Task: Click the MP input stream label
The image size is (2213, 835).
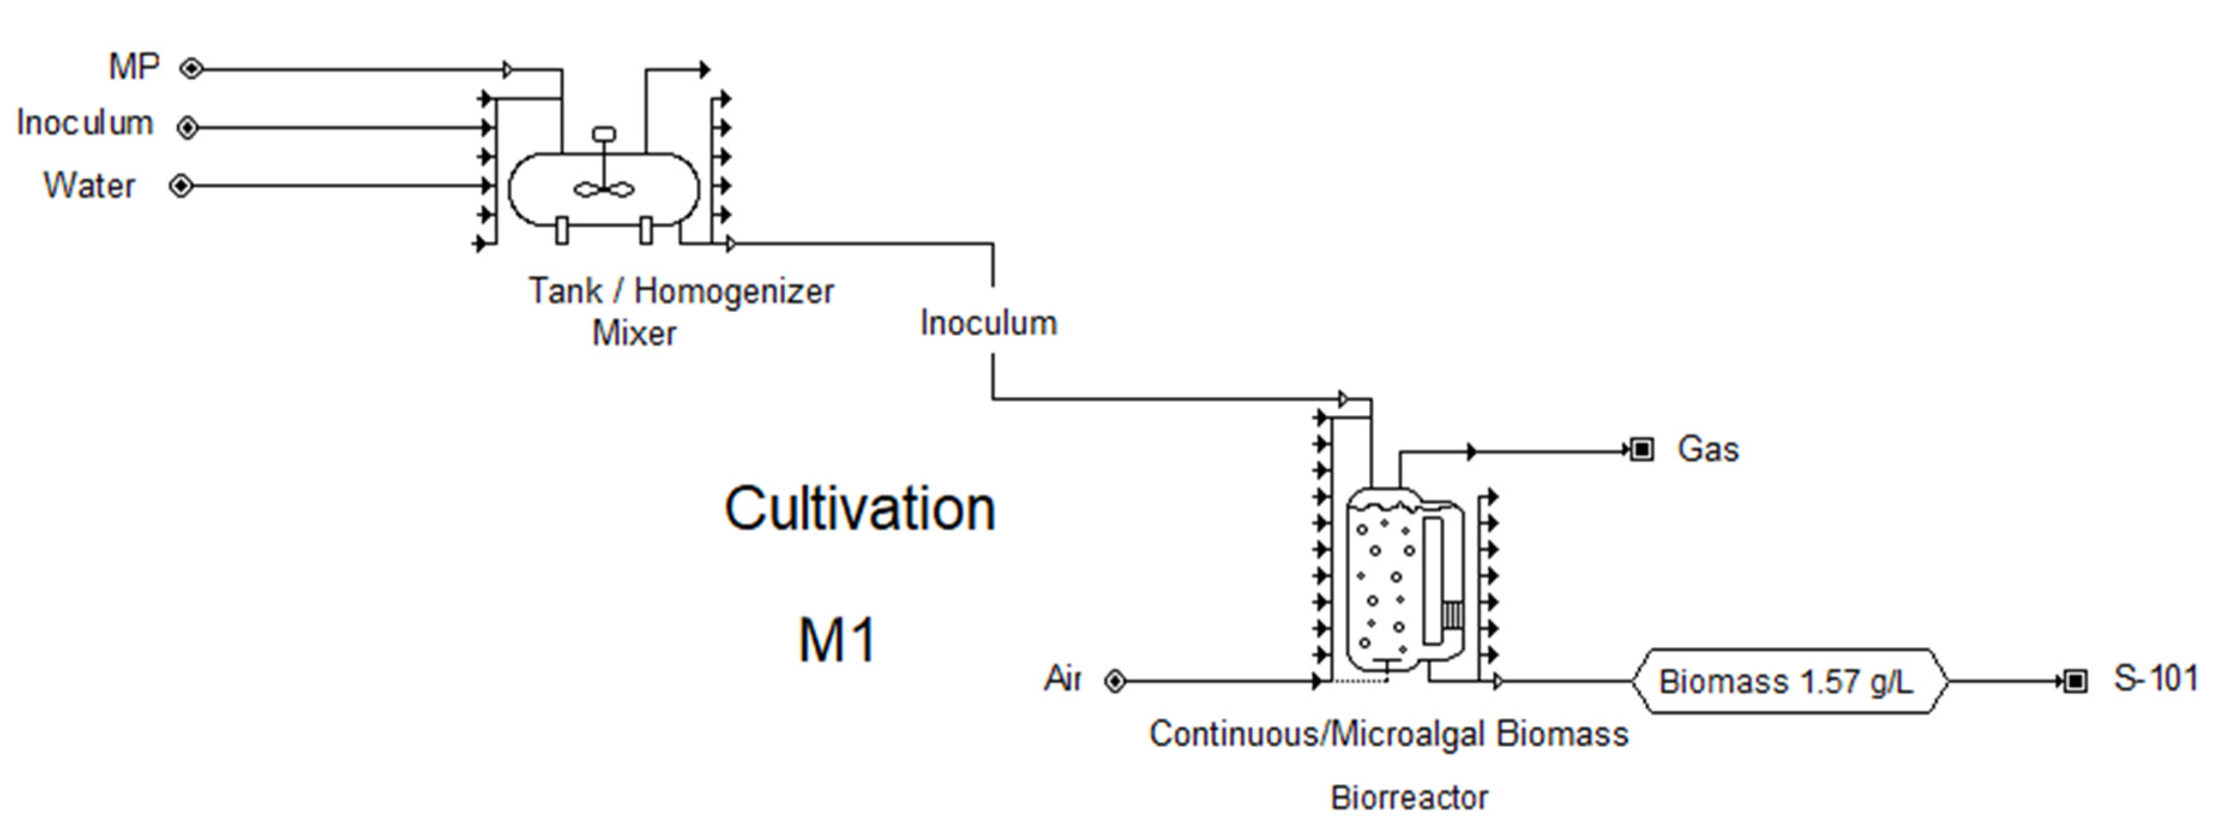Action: (x=134, y=67)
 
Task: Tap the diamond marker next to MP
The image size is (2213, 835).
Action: (x=191, y=69)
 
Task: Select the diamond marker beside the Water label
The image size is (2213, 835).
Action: (x=181, y=185)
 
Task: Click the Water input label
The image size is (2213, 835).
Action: (x=89, y=185)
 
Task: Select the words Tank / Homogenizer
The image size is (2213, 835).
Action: (x=681, y=291)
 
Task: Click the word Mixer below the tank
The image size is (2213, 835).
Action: (x=634, y=334)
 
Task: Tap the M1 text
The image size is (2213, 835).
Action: (x=837, y=640)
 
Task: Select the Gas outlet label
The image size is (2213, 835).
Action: (x=1708, y=449)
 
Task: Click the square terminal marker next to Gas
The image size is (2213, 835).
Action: (x=1641, y=449)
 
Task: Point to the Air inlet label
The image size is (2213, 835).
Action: (x=1062, y=678)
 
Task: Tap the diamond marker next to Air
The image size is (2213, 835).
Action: (x=1115, y=682)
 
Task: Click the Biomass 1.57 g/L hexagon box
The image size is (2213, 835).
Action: (x=1787, y=682)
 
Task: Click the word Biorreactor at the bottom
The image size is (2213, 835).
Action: (x=1409, y=798)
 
